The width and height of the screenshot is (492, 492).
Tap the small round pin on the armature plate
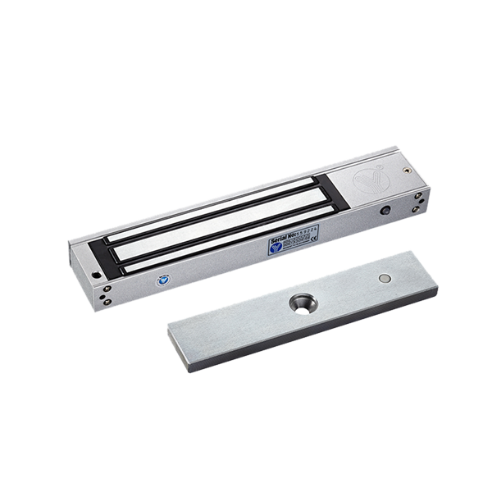[x=384, y=280]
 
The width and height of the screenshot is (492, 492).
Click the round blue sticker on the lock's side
[x=162, y=280]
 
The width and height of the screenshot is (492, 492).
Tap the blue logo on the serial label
[x=276, y=247]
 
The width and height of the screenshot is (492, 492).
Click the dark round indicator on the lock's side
[x=385, y=211]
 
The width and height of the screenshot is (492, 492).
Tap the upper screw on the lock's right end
[x=418, y=196]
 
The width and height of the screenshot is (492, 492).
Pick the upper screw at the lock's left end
[x=106, y=290]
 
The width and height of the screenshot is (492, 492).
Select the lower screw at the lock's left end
[x=107, y=302]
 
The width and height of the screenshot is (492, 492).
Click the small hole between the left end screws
[x=106, y=296]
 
